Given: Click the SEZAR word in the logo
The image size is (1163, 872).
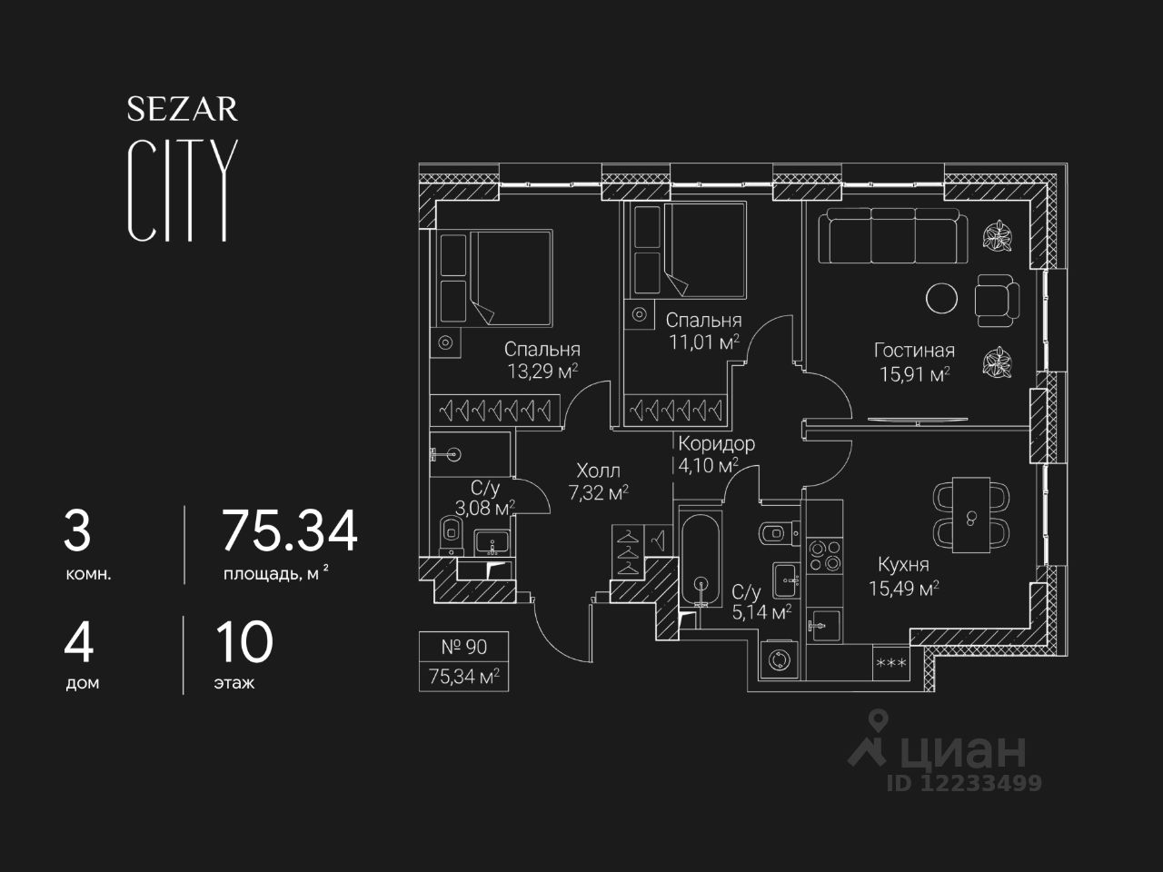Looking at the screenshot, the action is [x=182, y=109].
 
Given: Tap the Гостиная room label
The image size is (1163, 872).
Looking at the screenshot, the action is [x=914, y=351].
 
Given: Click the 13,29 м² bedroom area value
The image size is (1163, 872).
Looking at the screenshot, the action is [x=543, y=371].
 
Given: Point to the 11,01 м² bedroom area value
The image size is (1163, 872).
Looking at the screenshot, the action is [x=702, y=342].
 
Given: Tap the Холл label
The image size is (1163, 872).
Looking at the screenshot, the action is [x=598, y=471].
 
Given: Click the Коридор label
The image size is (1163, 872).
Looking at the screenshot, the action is [x=716, y=444].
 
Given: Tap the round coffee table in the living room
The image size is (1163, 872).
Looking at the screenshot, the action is [x=940, y=298].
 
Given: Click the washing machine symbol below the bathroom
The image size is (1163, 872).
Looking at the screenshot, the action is [x=779, y=659].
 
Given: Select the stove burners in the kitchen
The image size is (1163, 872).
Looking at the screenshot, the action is [x=824, y=556].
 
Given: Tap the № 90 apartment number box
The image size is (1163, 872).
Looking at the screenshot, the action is [x=463, y=647].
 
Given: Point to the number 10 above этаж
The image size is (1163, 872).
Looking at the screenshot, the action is [x=244, y=643].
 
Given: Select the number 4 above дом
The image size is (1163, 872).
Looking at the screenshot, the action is [x=79, y=643].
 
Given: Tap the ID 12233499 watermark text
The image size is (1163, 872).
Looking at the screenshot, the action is [x=964, y=783].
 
